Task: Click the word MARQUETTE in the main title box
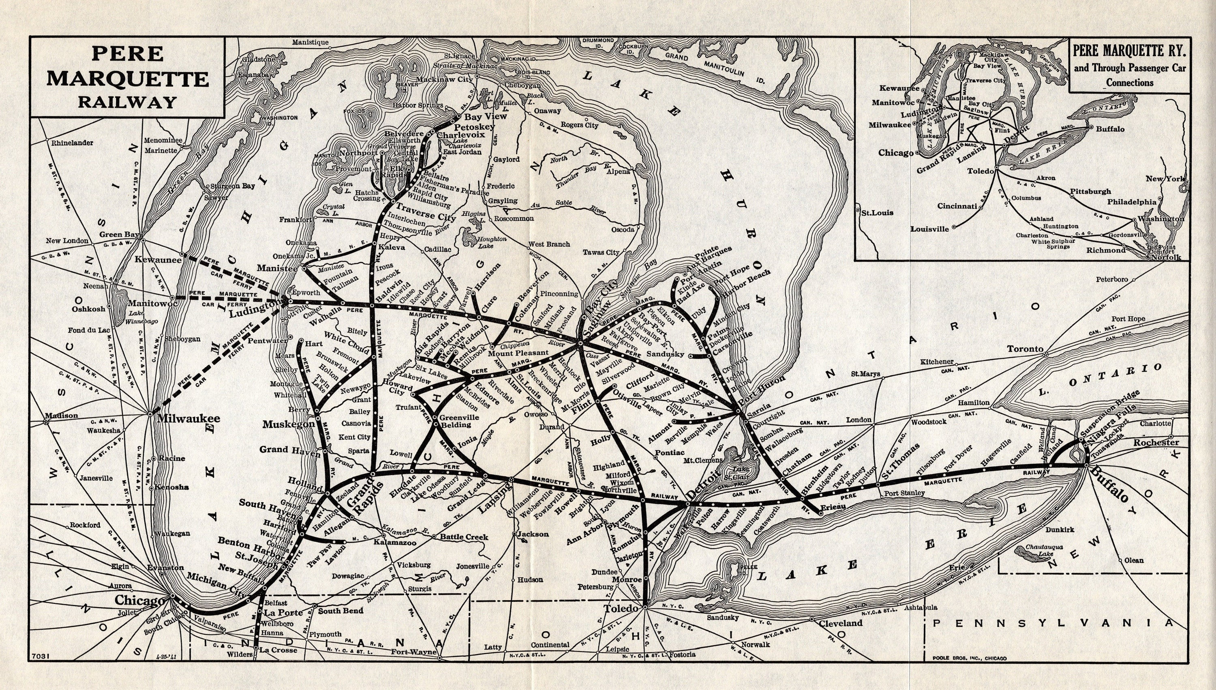128,78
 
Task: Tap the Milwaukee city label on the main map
188,418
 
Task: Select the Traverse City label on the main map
426,212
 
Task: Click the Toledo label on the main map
622,608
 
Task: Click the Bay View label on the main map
485,116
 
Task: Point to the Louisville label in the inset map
929,229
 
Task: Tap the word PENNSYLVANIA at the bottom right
1053,623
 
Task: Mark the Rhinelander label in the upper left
72,143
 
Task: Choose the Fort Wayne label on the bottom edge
413,652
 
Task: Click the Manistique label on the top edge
310,42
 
